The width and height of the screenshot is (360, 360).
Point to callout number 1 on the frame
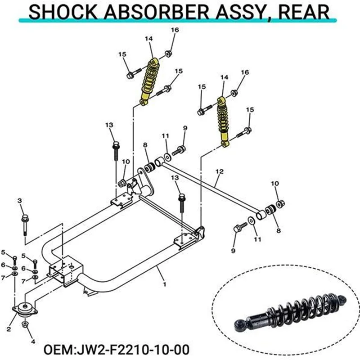[165, 284]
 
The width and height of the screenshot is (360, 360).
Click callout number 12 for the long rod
[219, 171]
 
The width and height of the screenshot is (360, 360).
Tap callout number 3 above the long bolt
[20, 200]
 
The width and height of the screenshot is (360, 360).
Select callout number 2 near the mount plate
[9, 329]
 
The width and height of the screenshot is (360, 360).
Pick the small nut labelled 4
[26, 324]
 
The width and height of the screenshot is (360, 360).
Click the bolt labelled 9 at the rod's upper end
[181, 149]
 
